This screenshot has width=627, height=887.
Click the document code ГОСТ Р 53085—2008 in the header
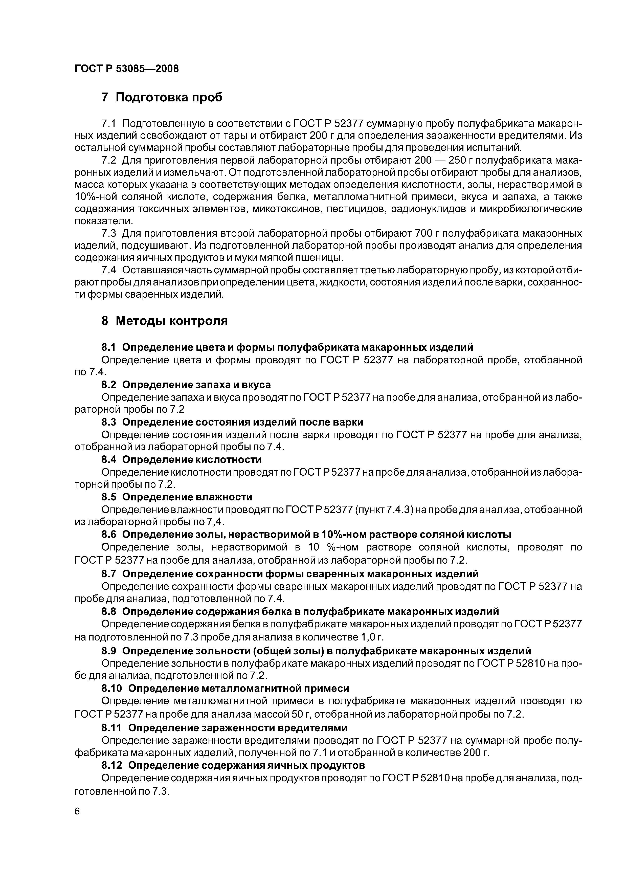point(127,69)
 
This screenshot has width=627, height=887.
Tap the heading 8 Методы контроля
point(164,321)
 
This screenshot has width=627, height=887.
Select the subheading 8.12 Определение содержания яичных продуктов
point(233,765)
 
